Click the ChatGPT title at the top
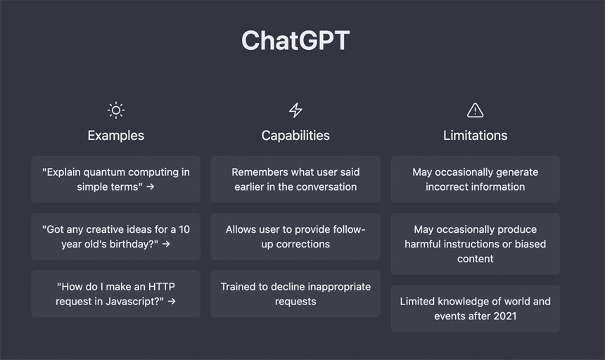click(x=295, y=41)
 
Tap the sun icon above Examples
click(x=115, y=110)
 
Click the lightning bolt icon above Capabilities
click(x=295, y=110)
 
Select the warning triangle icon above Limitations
click(x=475, y=110)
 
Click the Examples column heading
click(x=115, y=135)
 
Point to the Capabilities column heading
click(x=295, y=135)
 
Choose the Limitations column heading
click(x=475, y=135)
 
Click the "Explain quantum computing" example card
click(x=115, y=179)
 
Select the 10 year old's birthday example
click(x=115, y=237)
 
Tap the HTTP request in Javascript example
click(x=115, y=294)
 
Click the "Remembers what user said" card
click(x=295, y=179)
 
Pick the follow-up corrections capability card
click(x=295, y=237)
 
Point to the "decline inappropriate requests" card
click(x=295, y=294)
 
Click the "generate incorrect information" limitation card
click(x=475, y=179)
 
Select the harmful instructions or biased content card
click(x=475, y=244)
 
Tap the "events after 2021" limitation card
click(x=475, y=309)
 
